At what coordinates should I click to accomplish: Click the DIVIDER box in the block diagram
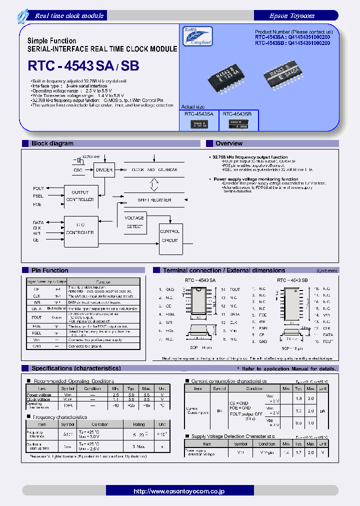pyautogui.click(x=104, y=170)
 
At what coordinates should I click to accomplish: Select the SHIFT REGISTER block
pyautogui.click(x=154, y=199)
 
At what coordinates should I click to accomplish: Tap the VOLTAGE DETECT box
pyautogui.click(x=134, y=222)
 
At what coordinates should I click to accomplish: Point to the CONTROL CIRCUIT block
pyautogui.click(x=169, y=235)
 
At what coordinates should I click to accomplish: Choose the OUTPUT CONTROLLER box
pyautogui.click(x=80, y=196)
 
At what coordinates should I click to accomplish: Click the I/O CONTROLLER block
pyautogui.click(x=80, y=228)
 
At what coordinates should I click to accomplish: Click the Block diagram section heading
pyautogui.click(x=52, y=143)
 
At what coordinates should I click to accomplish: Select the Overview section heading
pyautogui.click(x=229, y=143)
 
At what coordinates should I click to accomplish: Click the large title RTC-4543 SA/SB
pyautogui.click(x=83, y=66)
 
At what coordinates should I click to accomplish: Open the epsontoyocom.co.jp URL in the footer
pyautogui.click(x=179, y=491)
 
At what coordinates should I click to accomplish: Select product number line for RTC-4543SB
pyautogui.click(x=292, y=43)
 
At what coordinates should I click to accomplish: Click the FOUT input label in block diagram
pyautogui.click(x=38, y=188)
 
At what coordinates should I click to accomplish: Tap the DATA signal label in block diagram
pyautogui.click(x=38, y=222)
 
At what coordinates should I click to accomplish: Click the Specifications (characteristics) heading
pyautogui.click(x=76, y=368)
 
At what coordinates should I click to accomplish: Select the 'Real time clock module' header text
pyautogui.click(x=69, y=16)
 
